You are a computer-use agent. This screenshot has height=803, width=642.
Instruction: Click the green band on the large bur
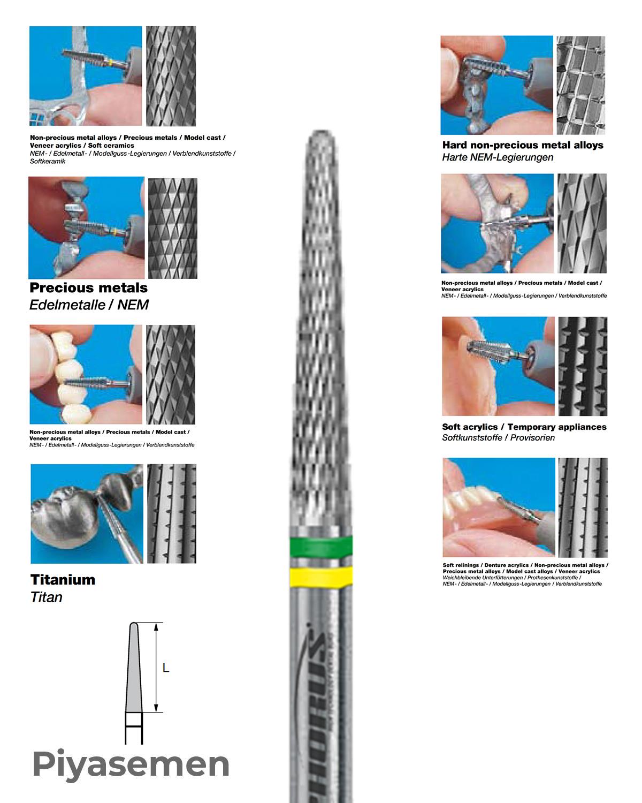click(x=320, y=547)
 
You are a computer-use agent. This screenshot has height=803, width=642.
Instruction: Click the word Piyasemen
click(x=131, y=764)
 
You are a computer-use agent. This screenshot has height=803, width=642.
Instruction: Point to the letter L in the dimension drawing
click(x=166, y=668)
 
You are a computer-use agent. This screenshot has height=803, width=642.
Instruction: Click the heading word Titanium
click(x=63, y=580)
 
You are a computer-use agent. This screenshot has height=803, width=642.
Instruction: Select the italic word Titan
click(x=47, y=597)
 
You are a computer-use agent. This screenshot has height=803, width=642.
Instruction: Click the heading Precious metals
click(x=89, y=288)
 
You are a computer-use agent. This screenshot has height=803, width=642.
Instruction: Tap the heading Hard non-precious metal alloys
click(x=523, y=145)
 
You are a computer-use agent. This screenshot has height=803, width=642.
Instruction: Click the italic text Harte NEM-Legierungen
click(x=498, y=157)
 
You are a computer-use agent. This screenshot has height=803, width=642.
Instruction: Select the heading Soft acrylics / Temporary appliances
click(x=524, y=427)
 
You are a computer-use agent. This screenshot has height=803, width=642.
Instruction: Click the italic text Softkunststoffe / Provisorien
click(x=498, y=438)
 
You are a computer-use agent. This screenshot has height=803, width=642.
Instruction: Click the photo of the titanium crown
click(x=87, y=513)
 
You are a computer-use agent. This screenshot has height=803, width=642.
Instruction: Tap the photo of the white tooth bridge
click(x=86, y=374)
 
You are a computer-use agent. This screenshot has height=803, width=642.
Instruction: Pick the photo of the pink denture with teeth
click(x=499, y=507)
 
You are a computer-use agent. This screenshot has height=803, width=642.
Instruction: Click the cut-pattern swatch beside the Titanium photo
click(x=172, y=513)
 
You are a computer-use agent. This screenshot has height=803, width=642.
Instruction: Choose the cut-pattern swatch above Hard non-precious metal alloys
click(x=580, y=85)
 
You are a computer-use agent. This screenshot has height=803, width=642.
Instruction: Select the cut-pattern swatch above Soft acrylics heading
click(x=583, y=366)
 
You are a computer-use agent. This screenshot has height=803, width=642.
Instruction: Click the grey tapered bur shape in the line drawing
click(x=134, y=669)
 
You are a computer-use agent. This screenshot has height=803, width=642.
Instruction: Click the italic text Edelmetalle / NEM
click(x=89, y=305)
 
